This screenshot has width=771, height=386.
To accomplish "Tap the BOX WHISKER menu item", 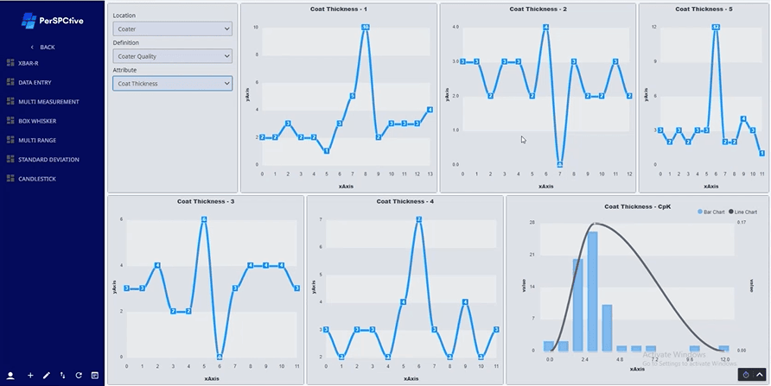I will coord(39,121).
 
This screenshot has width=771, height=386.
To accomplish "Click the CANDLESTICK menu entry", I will coord(39,179).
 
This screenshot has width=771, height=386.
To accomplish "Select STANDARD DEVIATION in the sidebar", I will coord(48,160).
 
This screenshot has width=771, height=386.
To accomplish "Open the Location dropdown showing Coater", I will coord(173,28).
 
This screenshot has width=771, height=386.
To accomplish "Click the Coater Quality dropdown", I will coord(173,56).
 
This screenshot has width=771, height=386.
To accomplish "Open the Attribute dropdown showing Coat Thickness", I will coord(173,84).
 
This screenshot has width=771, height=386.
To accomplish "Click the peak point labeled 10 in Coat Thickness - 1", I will coord(366,28).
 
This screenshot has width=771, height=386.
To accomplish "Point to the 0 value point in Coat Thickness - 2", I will coord(560,164).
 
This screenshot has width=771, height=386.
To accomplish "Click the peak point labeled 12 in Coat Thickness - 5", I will coord(716,27).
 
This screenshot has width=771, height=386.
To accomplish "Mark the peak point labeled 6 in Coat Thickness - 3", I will coord(204,219).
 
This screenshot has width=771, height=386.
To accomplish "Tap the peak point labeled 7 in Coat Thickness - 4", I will coord(418,219).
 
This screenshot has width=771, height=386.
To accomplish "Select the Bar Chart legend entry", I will coord(713,212).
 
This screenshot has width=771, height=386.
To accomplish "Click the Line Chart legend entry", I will coord(744,212).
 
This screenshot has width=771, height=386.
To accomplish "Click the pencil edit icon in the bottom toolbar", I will coord(47,376).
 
